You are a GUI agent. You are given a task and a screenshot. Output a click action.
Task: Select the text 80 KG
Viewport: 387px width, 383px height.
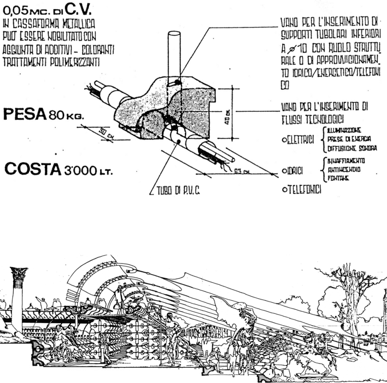coord(69,115)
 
